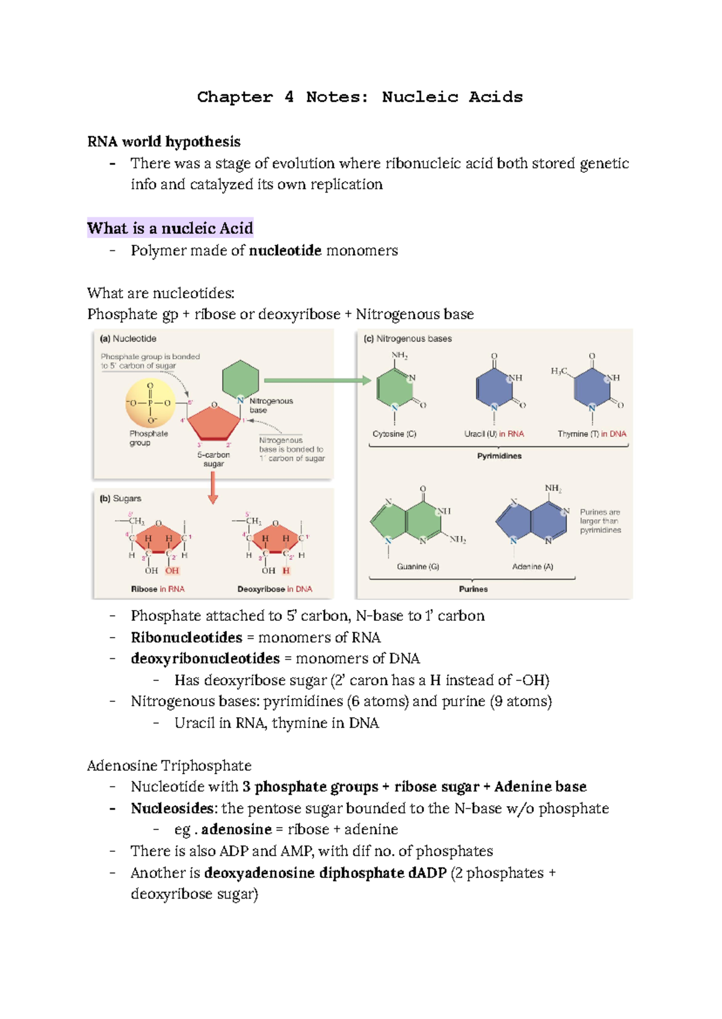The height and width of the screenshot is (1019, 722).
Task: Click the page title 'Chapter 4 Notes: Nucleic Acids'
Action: pos(360,97)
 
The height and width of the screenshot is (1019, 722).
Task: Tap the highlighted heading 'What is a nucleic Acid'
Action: pos(170,228)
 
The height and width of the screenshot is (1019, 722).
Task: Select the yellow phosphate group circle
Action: pos(150,404)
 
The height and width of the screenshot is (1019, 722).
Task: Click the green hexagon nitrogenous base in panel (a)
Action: pos(241,379)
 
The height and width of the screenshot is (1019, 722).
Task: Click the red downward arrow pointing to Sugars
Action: pos(212,487)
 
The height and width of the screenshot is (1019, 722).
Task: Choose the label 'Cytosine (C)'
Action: pos(394,434)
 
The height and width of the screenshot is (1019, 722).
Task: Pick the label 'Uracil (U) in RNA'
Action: pos(494,434)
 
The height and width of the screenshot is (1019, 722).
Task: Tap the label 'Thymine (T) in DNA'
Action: pos(591,434)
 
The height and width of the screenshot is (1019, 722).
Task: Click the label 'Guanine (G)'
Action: pos(418,567)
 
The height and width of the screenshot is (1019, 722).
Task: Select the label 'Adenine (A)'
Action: pos(532,567)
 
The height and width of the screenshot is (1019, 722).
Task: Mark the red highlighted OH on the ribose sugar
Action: pos(172,571)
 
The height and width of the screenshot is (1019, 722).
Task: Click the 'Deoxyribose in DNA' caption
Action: pos(275,589)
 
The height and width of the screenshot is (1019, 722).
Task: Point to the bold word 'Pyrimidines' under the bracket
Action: pos(499,456)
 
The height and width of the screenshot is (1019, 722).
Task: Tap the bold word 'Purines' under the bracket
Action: pos(474,589)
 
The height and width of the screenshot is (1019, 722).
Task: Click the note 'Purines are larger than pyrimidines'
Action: pos(600,521)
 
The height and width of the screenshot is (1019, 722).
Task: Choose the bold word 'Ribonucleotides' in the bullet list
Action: pos(187,637)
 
